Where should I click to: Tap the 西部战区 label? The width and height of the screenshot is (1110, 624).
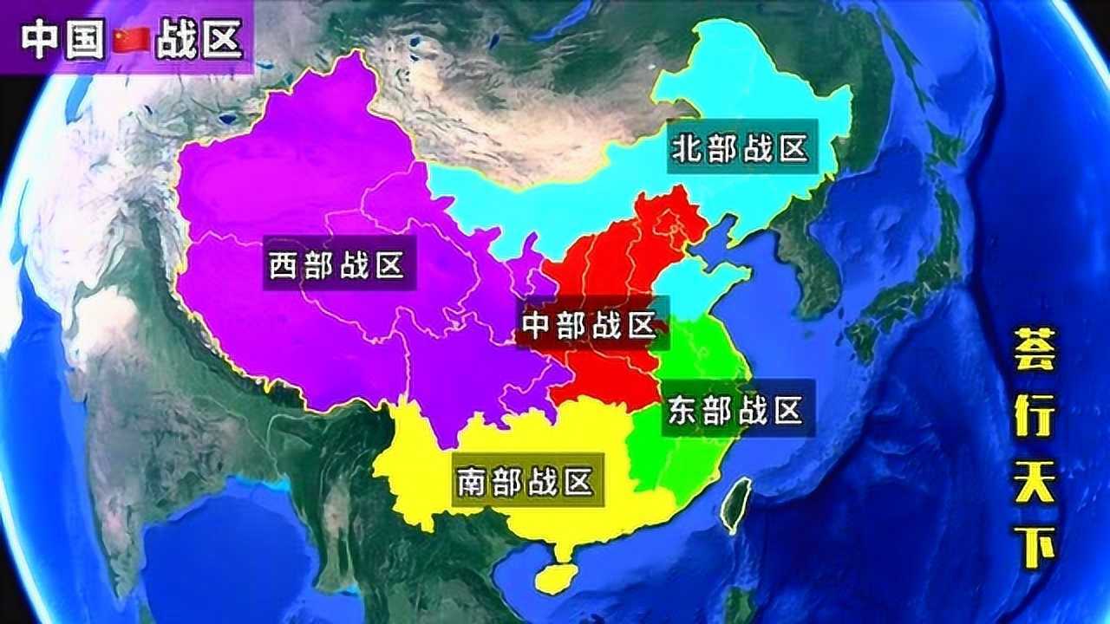pyautogui.click(x=336, y=265)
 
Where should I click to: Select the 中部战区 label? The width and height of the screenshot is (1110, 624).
pyautogui.click(x=589, y=325)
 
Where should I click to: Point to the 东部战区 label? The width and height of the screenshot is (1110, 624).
pyautogui.click(x=735, y=411)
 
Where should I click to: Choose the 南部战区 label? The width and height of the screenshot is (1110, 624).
pyautogui.click(x=525, y=481)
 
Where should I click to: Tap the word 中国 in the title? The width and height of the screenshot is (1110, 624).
pyautogui.click(x=63, y=39)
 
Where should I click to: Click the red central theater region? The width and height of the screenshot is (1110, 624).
pyautogui.click(x=607, y=260)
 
